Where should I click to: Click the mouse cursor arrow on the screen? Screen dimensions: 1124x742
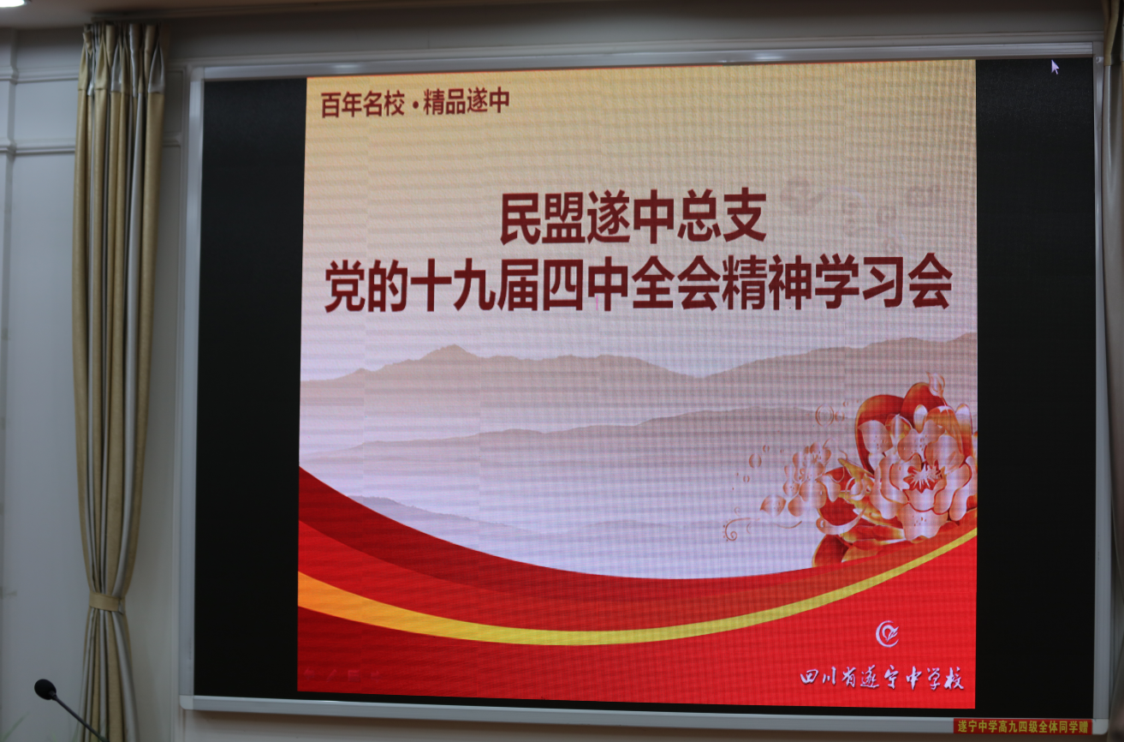click(1055, 67)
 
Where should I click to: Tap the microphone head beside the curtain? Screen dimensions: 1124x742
click(45, 689)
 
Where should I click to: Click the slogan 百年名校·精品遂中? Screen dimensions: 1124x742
click(415, 102)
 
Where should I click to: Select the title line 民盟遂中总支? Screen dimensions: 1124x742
click(633, 217)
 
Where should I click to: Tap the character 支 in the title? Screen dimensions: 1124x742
click(745, 217)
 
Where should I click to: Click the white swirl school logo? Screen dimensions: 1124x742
click(887, 634)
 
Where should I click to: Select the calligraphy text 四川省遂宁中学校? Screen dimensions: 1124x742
click(882, 679)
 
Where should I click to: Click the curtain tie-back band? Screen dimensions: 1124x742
click(105, 601)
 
